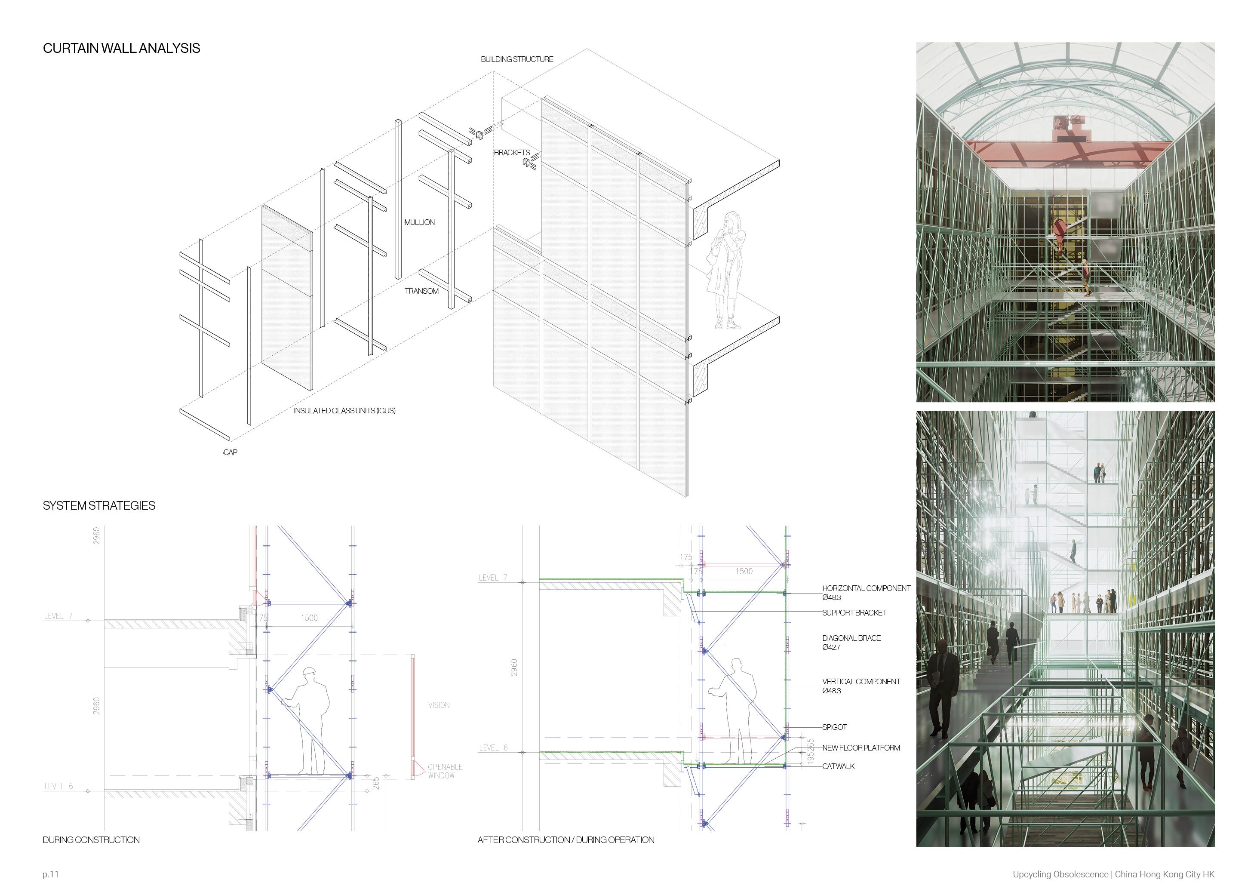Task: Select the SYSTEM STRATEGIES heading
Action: pyautogui.click(x=98, y=505)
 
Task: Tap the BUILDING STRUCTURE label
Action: pyautogui.click(x=516, y=59)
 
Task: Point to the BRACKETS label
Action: pyautogui.click(x=511, y=152)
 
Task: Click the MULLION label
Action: pyautogui.click(x=419, y=222)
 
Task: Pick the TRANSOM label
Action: pyautogui.click(x=421, y=291)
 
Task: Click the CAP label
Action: pyautogui.click(x=230, y=452)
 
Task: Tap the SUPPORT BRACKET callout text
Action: pyautogui.click(x=854, y=612)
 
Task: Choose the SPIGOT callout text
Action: pyautogui.click(x=834, y=727)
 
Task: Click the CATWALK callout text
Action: pyautogui.click(x=838, y=766)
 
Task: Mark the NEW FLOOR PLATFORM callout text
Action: pyautogui.click(x=860, y=748)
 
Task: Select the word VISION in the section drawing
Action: pyautogui.click(x=439, y=705)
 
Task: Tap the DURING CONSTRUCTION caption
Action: pyautogui.click(x=91, y=840)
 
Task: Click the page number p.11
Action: pyautogui.click(x=50, y=874)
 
